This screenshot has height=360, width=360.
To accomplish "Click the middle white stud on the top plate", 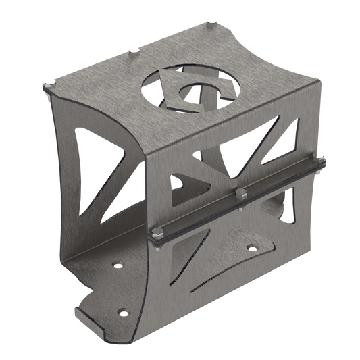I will (x=133, y=49).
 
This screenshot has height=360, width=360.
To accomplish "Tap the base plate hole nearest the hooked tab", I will (x=122, y=312).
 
